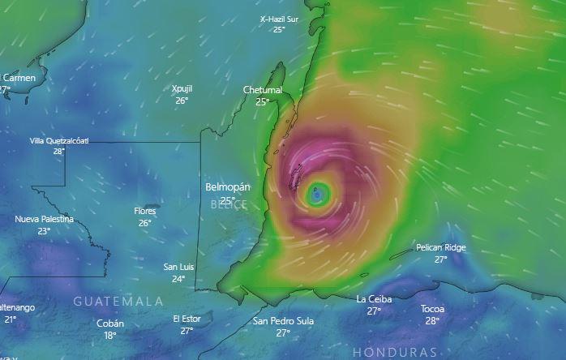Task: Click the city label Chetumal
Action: [262, 90]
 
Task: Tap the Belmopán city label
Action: [228, 187]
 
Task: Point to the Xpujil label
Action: [182, 89]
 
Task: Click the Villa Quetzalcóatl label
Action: [59, 140]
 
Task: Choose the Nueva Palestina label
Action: [44, 219]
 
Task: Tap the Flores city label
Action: [145, 211]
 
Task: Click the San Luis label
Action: [178, 267]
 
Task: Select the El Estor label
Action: [187, 319]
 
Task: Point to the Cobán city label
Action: [110, 323]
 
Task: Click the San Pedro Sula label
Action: [283, 321]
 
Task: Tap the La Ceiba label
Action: [374, 299]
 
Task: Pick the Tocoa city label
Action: [432, 309]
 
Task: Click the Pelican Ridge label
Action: [440, 247]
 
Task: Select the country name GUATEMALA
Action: [118, 301]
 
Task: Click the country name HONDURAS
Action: [395, 352]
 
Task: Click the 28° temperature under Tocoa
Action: [432, 321]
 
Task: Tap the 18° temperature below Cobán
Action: [110, 335]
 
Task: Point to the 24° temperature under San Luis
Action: [178, 279]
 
